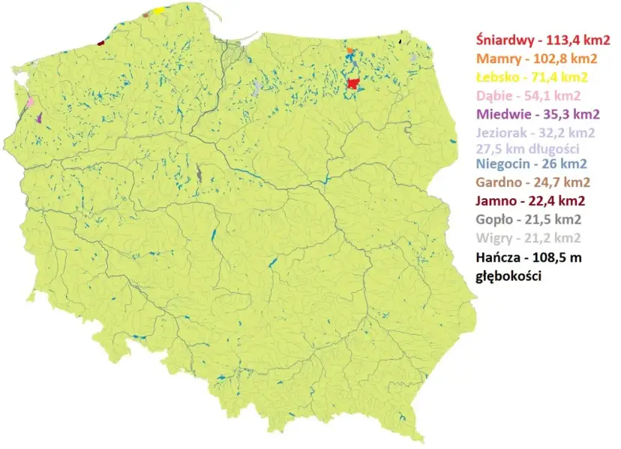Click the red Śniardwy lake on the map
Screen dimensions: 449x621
click(x=353, y=83)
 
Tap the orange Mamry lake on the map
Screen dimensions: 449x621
click(x=349, y=51)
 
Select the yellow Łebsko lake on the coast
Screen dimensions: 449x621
click(x=159, y=11)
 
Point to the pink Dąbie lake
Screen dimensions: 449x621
click(x=31, y=101)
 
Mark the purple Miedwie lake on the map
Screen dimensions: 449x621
click(x=38, y=117)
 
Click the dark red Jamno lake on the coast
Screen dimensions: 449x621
click(x=100, y=43)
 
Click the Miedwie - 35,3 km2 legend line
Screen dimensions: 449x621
click(x=538, y=114)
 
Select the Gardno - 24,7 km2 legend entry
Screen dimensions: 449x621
click(x=532, y=182)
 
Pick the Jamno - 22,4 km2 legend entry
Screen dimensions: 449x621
click(x=529, y=200)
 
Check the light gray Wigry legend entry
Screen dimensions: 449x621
click(x=528, y=238)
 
